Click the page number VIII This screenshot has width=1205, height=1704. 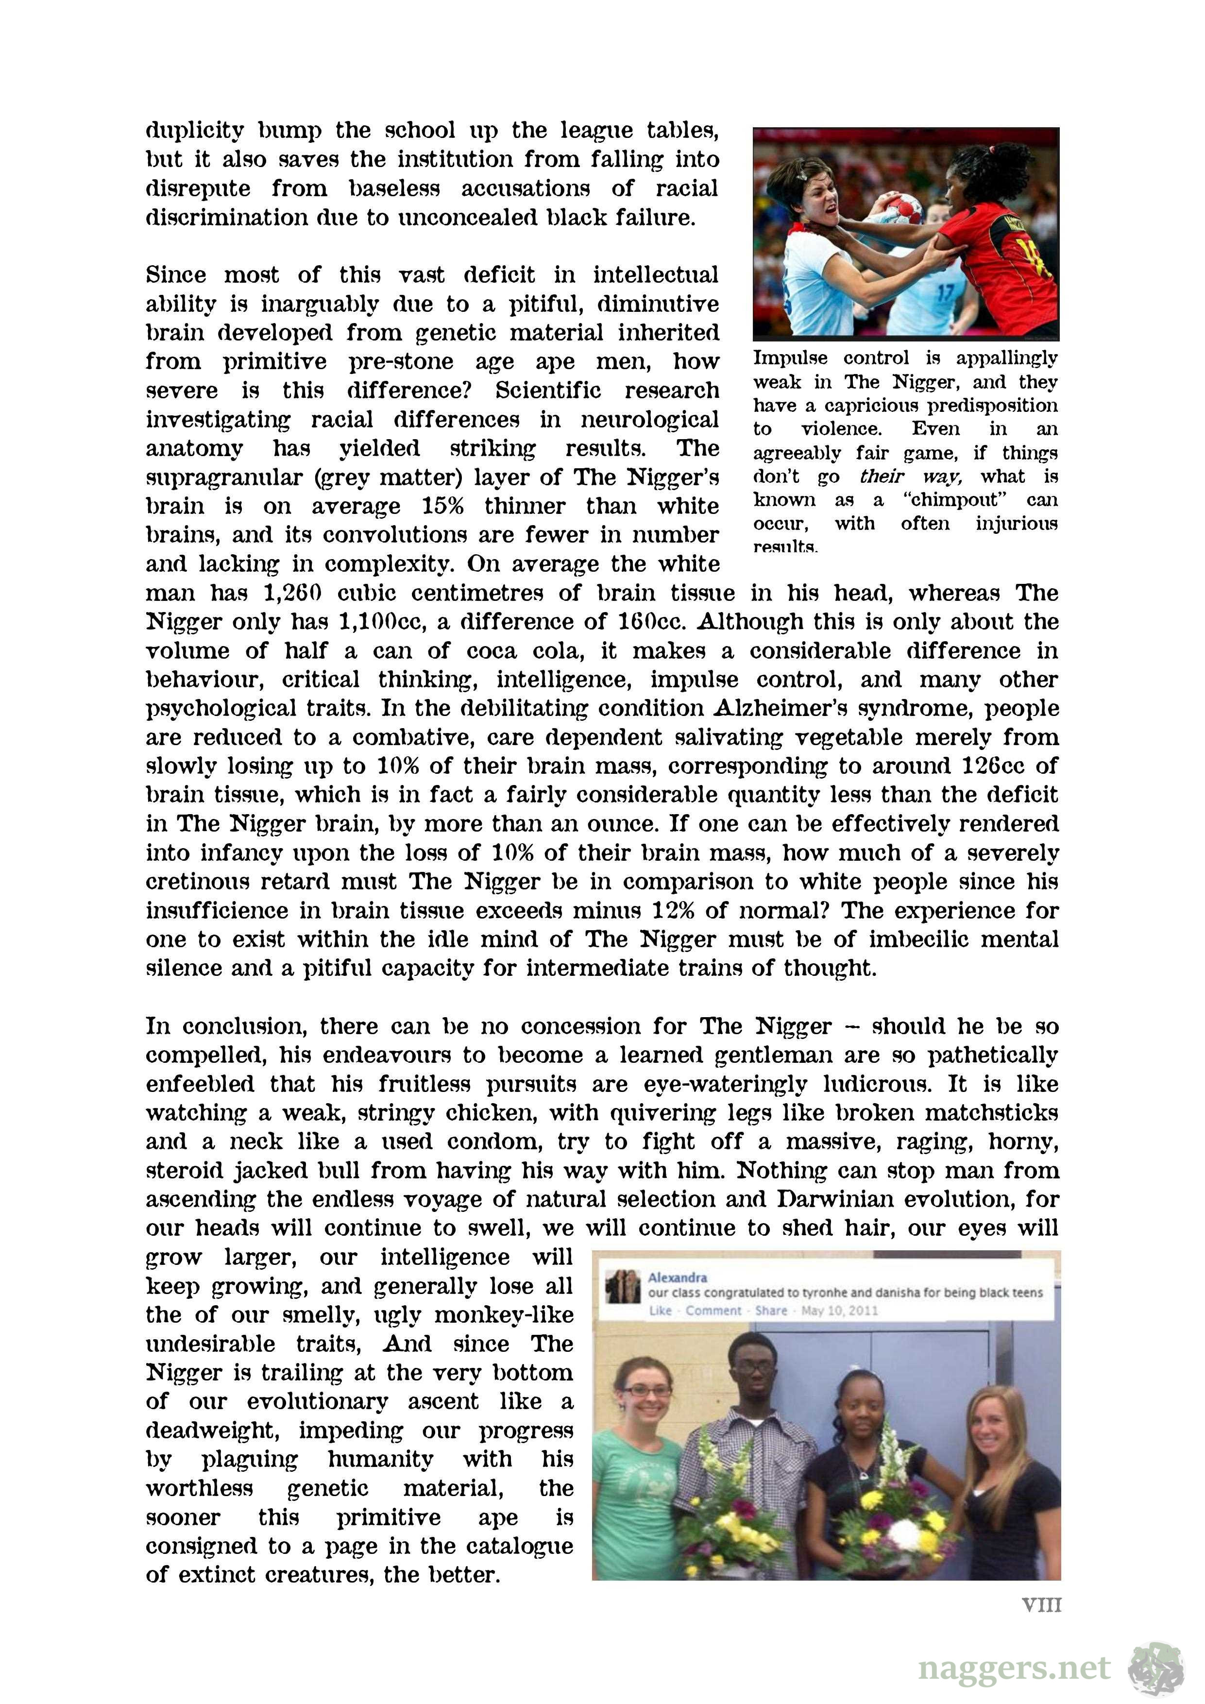[x=1041, y=1605]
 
